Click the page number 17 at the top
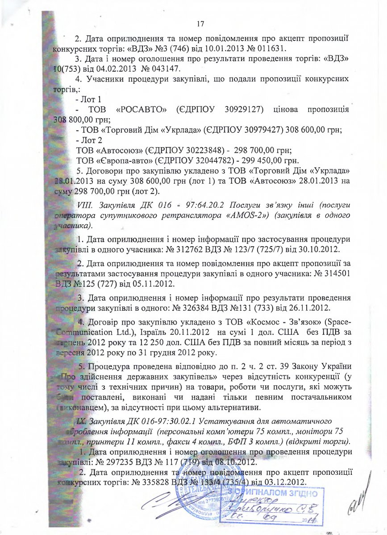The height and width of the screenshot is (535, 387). pyautogui.click(x=200, y=23)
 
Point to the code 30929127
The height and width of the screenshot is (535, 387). pyautogui.click(x=239, y=110)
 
